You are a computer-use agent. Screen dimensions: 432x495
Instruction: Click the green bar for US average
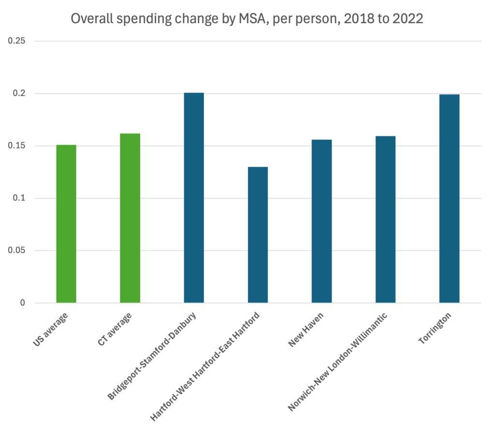pyautogui.click(x=66, y=224)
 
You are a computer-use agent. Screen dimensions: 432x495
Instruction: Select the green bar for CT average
pyautogui.click(x=130, y=218)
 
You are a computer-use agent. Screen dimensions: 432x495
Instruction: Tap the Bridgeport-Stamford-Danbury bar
pyautogui.click(x=194, y=198)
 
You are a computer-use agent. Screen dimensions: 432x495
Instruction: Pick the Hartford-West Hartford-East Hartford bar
pyautogui.click(x=258, y=235)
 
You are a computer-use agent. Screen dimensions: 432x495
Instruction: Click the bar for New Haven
pyautogui.click(x=321, y=221)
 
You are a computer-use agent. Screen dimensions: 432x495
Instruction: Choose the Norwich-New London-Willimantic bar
pyautogui.click(x=385, y=219)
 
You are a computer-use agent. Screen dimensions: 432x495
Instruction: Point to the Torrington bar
pyautogui.click(x=449, y=199)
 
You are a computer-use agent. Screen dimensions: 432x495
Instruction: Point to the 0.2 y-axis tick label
pyautogui.click(x=19, y=93)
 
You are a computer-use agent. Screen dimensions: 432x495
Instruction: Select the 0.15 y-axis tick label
pyautogui.click(x=17, y=146)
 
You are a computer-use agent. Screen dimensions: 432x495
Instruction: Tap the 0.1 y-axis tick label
pyautogui.click(x=19, y=198)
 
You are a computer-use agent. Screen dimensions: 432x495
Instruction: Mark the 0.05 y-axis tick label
pyautogui.click(x=17, y=251)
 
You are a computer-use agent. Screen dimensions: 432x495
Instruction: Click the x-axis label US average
pyautogui.click(x=51, y=330)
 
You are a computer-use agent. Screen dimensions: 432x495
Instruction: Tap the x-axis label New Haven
pyautogui.click(x=306, y=330)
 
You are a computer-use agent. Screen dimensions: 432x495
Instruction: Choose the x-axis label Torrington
pyautogui.click(x=435, y=329)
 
